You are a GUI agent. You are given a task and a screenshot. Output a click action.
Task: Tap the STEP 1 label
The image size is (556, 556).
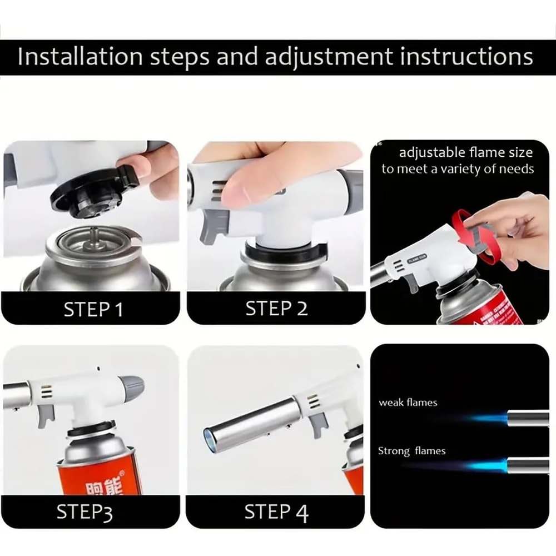pos(93,309)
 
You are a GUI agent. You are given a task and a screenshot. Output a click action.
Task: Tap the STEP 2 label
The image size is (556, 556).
pos(276,308)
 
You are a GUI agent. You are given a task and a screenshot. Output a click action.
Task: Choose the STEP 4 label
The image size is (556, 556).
pos(276,512)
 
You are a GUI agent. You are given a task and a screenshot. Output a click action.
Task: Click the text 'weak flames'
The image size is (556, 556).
pos(408,402)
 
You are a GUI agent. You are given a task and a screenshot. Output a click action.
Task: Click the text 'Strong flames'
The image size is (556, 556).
pos(411,451)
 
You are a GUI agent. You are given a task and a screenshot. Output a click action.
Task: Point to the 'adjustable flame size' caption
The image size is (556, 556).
pos(465,152)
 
